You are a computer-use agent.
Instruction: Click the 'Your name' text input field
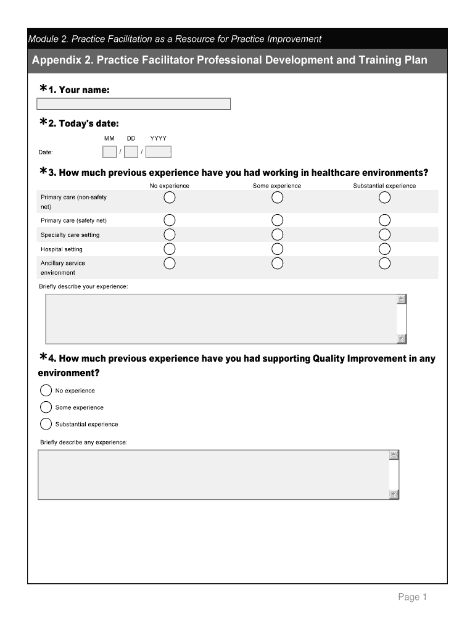pyautogui.click(x=134, y=104)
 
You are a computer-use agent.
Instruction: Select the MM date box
pyautogui.click(x=109, y=152)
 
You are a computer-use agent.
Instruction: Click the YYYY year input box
pyautogui.click(x=159, y=152)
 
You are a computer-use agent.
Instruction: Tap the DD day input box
pyautogui.click(x=131, y=152)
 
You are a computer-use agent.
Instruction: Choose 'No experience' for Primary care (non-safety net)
pyautogui.click(x=170, y=197)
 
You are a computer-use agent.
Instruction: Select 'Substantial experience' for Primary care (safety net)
pyautogui.click(x=384, y=220)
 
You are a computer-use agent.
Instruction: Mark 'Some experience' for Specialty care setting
pyautogui.click(x=277, y=235)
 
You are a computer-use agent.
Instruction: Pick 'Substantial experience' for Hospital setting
pyautogui.click(x=384, y=249)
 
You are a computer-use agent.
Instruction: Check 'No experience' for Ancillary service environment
pyautogui.click(x=170, y=263)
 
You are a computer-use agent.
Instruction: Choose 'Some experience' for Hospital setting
pyautogui.click(x=277, y=249)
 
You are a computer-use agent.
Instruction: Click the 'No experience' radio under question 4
pyautogui.click(x=46, y=391)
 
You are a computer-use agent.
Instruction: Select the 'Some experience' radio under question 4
pyautogui.click(x=46, y=407)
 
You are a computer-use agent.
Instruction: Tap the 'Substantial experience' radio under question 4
pyautogui.click(x=46, y=424)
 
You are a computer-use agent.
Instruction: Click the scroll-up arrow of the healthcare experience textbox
pyautogui.click(x=402, y=299)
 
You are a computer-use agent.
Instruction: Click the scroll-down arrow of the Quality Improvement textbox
pyautogui.click(x=394, y=494)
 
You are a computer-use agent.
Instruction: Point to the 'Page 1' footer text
pyautogui.click(x=412, y=597)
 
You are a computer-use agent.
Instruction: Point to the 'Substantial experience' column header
pyautogui.click(x=384, y=186)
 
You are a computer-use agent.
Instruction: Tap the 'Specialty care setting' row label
pyautogui.click(x=70, y=235)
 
